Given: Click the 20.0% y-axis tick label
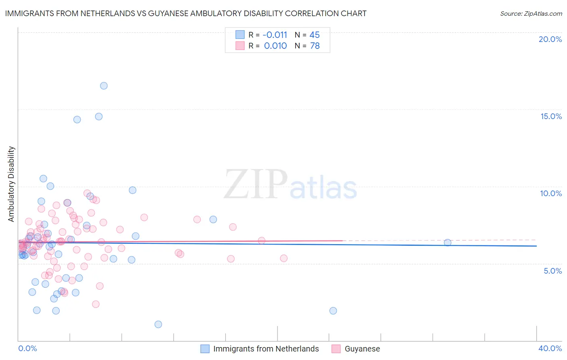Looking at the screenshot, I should (550, 39).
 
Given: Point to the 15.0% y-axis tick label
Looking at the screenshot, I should (551, 116).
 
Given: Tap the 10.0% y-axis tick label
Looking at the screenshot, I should (551, 193).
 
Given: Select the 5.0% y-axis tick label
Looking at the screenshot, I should (552, 271).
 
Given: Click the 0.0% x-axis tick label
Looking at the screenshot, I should (27, 348).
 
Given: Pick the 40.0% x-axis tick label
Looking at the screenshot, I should (550, 348).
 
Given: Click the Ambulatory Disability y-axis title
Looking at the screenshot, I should (11, 184).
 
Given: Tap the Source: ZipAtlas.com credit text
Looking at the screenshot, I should (531, 13).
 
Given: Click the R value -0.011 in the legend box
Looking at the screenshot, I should (275, 35).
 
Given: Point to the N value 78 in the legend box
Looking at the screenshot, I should (315, 46).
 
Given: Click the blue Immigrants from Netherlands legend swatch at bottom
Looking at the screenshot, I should (205, 349).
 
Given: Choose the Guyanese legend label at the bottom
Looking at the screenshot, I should (362, 349).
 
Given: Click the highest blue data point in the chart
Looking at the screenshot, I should (104, 86).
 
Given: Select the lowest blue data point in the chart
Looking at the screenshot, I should (158, 324).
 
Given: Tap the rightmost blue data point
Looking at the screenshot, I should (447, 243).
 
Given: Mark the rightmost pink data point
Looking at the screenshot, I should (283, 258).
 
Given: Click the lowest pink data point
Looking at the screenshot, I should (96, 304).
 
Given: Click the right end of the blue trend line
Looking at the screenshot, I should (536, 246).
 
